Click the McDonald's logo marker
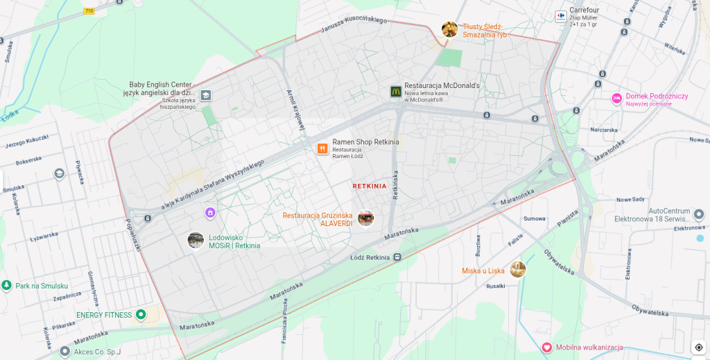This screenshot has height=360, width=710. coord(395,91)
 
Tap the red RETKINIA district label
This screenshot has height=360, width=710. coord(370,186)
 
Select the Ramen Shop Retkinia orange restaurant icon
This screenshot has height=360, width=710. coord(322,148)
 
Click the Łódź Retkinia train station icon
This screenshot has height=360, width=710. coord(397,257)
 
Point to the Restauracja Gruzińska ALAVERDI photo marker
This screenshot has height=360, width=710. coord(365,218)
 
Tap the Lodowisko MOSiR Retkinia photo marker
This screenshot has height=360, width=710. coord(196,240)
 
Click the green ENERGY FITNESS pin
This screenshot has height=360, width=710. coord(141,315)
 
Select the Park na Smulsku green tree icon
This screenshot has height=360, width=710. coord(7,286)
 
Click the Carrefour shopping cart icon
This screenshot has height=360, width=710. coord(560,15)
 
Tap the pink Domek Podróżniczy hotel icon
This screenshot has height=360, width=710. coord(616,98)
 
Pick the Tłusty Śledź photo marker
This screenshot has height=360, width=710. coord(449,29)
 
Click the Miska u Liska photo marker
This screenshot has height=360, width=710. coord(517,270)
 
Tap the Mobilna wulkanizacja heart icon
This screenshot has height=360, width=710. coord(546,347)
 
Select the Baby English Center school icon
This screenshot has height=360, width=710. coord(206,95)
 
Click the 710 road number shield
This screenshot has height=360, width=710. coord(89,10)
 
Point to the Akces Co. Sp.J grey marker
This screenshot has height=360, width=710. coord(65,351)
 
